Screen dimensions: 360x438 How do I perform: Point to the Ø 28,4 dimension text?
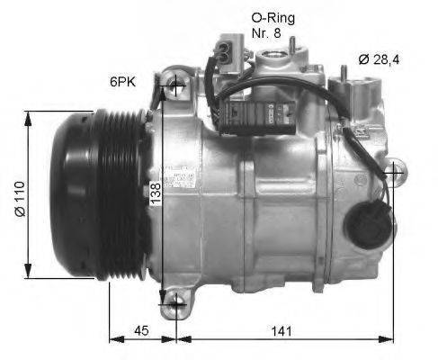pos(378,60)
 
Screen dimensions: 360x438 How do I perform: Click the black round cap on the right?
pos(371,220)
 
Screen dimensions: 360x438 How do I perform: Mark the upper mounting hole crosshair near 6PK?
pos(174,86)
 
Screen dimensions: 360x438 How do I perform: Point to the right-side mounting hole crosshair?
pos(393,171)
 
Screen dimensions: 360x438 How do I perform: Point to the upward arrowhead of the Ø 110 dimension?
pos(30,113)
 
